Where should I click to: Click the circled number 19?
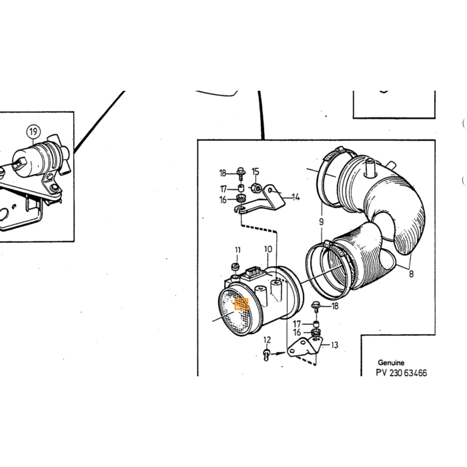click(x=33, y=131)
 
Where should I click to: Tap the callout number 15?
click(x=256, y=171)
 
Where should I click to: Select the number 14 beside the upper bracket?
click(x=296, y=197)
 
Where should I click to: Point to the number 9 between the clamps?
click(x=321, y=221)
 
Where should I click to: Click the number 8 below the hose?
click(x=412, y=274)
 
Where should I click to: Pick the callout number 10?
click(x=268, y=249)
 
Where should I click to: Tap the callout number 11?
click(x=238, y=250)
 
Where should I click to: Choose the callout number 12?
click(x=267, y=340)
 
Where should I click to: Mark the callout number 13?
click(x=334, y=345)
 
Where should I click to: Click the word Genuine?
click(x=391, y=362)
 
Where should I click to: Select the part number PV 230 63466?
click(x=401, y=373)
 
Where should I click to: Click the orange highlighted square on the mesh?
click(x=242, y=304)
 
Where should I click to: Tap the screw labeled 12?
click(x=267, y=354)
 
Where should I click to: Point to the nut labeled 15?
click(x=257, y=188)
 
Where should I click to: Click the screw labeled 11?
click(x=236, y=266)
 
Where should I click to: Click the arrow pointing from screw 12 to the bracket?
click(x=278, y=354)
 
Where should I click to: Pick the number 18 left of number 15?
click(x=223, y=173)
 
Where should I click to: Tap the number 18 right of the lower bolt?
click(x=335, y=306)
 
